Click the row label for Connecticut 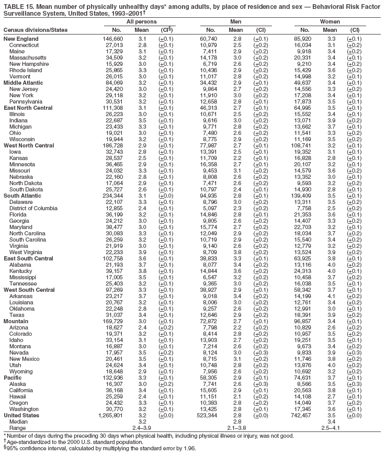point(24,45)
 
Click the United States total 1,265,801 point(110,415)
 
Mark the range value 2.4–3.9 point(142,428)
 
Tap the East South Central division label point(28,258)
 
